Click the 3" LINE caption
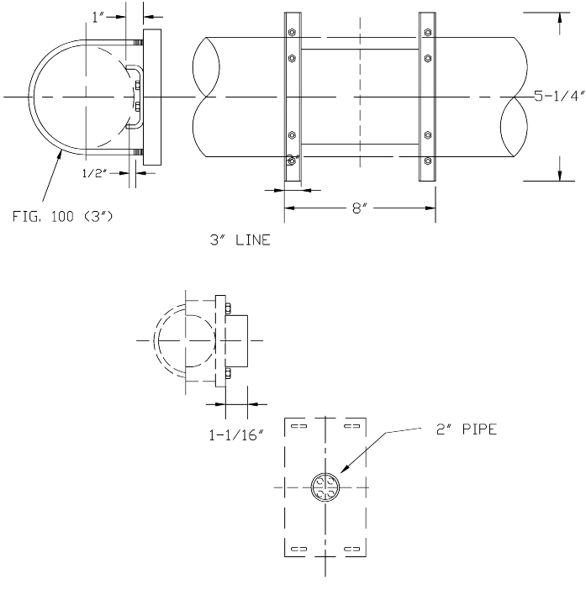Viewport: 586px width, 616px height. coord(240,240)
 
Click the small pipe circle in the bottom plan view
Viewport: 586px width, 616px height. coord(325,487)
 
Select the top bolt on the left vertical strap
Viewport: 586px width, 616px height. coord(292,34)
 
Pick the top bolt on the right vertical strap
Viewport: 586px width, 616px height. coord(427,34)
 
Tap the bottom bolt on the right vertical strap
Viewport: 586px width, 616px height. coord(427,159)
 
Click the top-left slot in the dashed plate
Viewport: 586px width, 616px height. coord(298,427)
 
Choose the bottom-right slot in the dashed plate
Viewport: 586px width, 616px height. coord(351,550)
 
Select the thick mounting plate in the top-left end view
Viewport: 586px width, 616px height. coord(152,97)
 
